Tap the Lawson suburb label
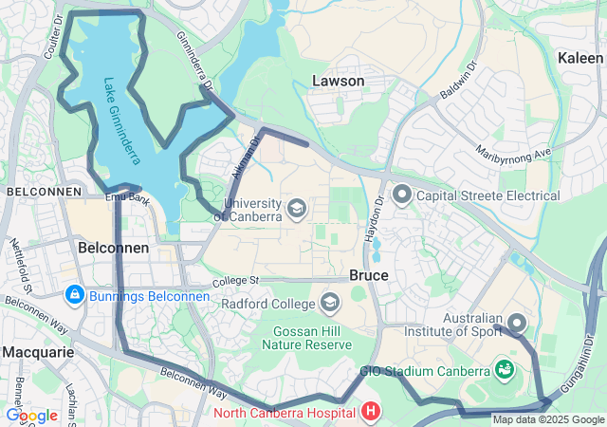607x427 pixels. tap(338, 81)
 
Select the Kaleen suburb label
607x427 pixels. tap(579, 58)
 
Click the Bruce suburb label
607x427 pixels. tap(368, 274)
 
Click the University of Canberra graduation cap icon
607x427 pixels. tap(297, 207)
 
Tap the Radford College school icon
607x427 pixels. tap(330, 304)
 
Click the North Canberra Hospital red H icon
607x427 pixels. tap(370, 412)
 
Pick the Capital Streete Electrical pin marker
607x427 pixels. tap(401, 195)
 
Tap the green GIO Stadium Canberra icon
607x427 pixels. tap(505, 368)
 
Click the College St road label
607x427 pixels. tap(235, 281)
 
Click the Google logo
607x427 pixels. tap(31, 415)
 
